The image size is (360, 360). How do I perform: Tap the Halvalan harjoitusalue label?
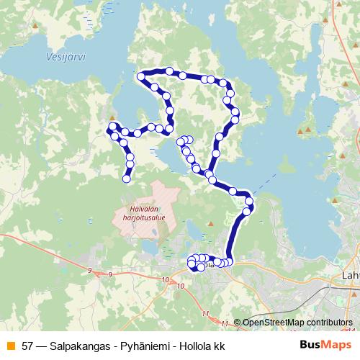pyautogui.click(x=143, y=214)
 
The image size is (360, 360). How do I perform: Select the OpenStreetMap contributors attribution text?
pyautogui.click(x=297, y=323)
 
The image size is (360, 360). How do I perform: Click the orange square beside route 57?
pyautogui.click(x=9, y=346)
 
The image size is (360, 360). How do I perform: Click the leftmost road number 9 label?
pyautogui.click(x=89, y=269)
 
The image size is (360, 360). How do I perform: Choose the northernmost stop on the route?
pyautogui.click(x=169, y=71)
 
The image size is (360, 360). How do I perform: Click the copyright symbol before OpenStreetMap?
pyautogui.click(x=237, y=323)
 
